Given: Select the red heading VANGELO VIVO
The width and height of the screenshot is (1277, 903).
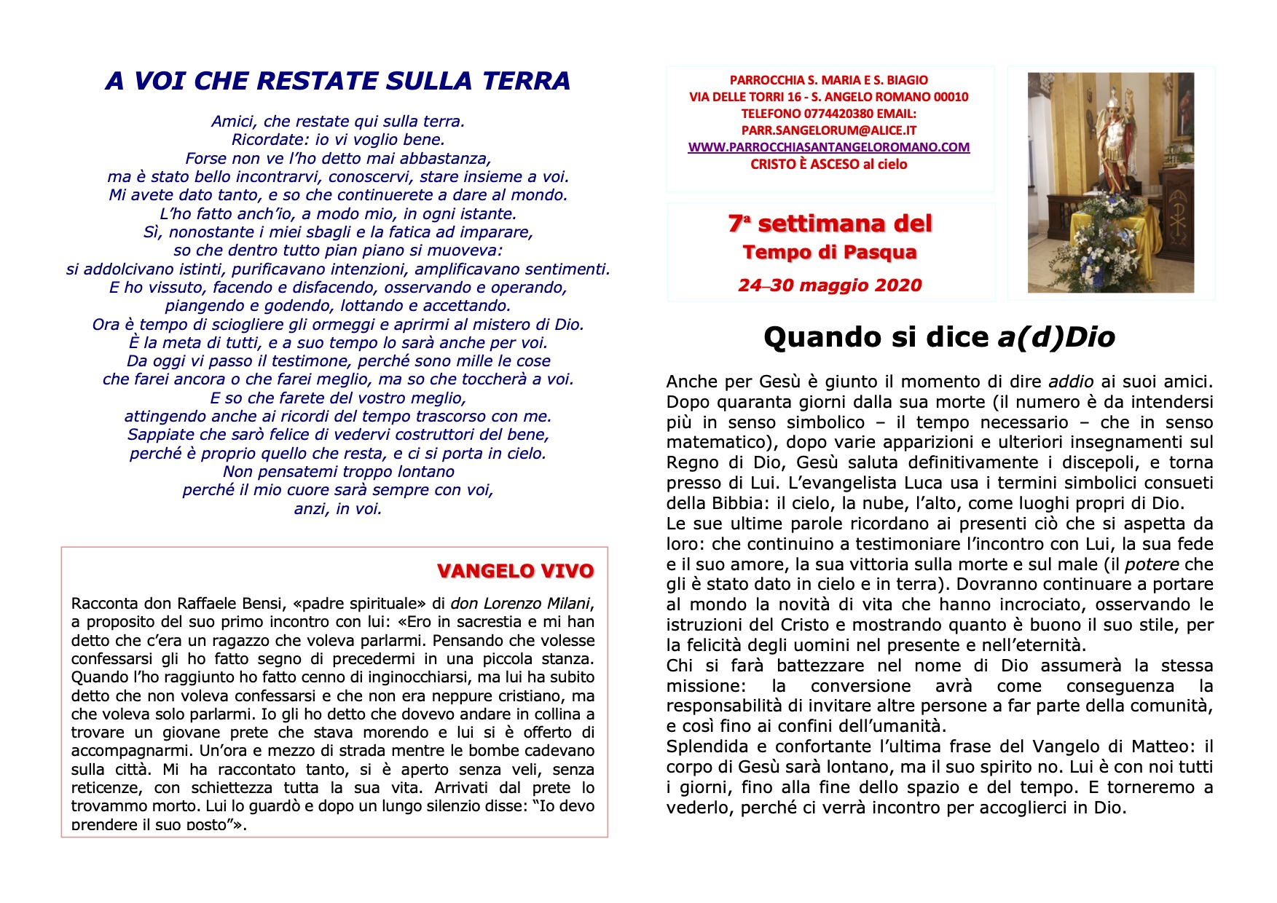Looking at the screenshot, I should pyautogui.click(x=515, y=571).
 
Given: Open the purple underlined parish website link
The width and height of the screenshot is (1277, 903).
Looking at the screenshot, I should pyautogui.click(x=828, y=147).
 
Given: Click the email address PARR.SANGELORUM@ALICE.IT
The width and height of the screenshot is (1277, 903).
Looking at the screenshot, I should pyautogui.click(x=828, y=130).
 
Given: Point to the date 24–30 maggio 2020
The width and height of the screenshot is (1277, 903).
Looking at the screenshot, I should pyautogui.click(x=830, y=285).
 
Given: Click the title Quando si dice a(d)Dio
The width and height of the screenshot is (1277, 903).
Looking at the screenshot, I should pyautogui.click(x=939, y=337).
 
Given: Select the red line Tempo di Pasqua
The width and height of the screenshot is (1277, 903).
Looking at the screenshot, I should pyautogui.click(x=830, y=253).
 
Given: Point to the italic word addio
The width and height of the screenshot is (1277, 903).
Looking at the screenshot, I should pyautogui.click(x=1071, y=382).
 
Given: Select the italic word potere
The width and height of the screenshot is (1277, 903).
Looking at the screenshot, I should pyautogui.click(x=1152, y=564).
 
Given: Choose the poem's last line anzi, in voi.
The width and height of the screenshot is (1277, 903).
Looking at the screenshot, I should pyautogui.click(x=338, y=509).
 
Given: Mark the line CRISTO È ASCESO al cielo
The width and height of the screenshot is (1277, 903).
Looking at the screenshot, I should pyautogui.click(x=828, y=165).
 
